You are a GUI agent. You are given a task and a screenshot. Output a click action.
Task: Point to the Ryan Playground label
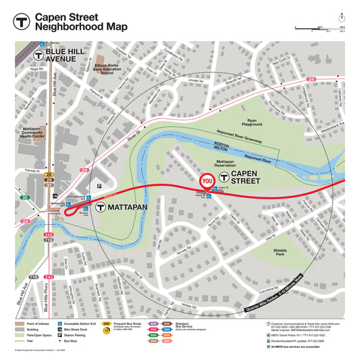pyautogui.click(x=251, y=122)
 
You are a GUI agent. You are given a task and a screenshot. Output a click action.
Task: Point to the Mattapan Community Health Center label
pyautogui.click(x=31, y=134)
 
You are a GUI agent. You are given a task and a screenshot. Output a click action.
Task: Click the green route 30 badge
pyautogui.click(x=24, y=197)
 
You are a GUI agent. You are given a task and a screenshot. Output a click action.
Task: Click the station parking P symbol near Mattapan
pyautogui.click(x=100, y=184)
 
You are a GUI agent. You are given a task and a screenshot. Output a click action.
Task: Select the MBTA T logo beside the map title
pyautogui.click(x=22, y=21)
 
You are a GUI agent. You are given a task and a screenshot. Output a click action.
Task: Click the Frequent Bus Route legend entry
pyautogui.click(x=124, y=325)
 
